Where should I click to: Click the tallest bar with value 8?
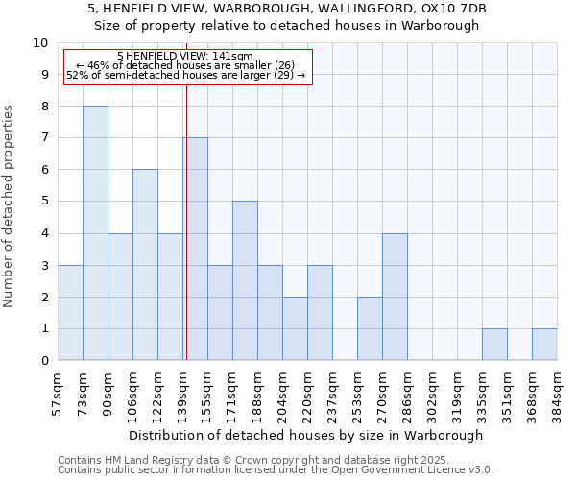(x=95, y=233)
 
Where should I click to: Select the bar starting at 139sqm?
(x=196, y=249)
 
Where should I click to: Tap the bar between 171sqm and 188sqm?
(x=245, y=280)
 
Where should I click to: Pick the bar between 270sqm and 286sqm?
(x=395, y=297)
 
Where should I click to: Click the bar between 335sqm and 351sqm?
(x=494, y=345)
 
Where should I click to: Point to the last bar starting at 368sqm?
(x=544, y=345)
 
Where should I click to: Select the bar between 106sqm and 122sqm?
(x=145, y=265)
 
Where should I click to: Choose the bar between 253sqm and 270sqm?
(x=370, y=328)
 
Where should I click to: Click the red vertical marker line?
(x=186, y=221)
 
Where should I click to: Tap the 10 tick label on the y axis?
(x=40, y=43)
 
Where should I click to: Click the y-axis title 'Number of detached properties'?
(x=10, y=205)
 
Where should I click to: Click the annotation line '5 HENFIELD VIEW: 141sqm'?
(x=184, y=57)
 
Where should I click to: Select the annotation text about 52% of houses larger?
(x=186, y=75)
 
